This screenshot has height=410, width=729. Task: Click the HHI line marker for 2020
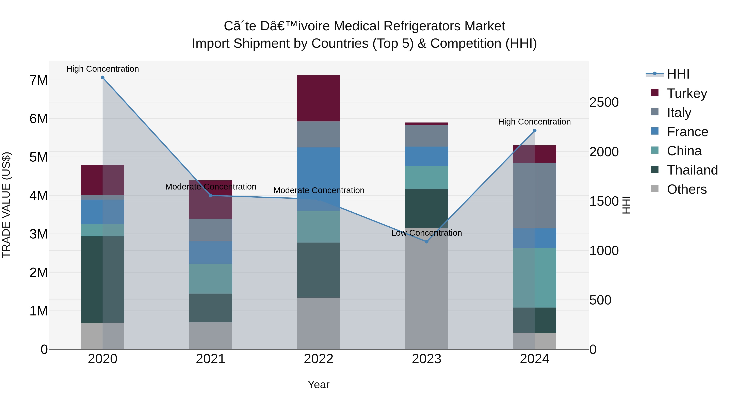coord(102,78)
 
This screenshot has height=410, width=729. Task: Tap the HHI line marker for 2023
coord(426,242)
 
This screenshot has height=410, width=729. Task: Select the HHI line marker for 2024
coord(534,131)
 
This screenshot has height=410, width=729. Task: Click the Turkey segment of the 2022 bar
coord(318,98)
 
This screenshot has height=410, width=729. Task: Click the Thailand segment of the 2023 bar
coord(426,208)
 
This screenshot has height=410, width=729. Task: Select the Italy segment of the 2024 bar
coord(534,195)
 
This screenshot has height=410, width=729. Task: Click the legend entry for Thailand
coord(692,170)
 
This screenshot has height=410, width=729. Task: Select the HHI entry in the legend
coord(678,74)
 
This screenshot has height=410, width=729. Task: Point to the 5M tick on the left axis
coord(38,157)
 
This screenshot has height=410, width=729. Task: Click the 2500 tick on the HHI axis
coord(604,102)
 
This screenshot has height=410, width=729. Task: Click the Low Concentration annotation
coord(426,233)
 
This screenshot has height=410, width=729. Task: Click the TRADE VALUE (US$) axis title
coord(6,205)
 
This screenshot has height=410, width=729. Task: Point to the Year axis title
coord(318,384)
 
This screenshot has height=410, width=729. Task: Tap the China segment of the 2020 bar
coord(102,230)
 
